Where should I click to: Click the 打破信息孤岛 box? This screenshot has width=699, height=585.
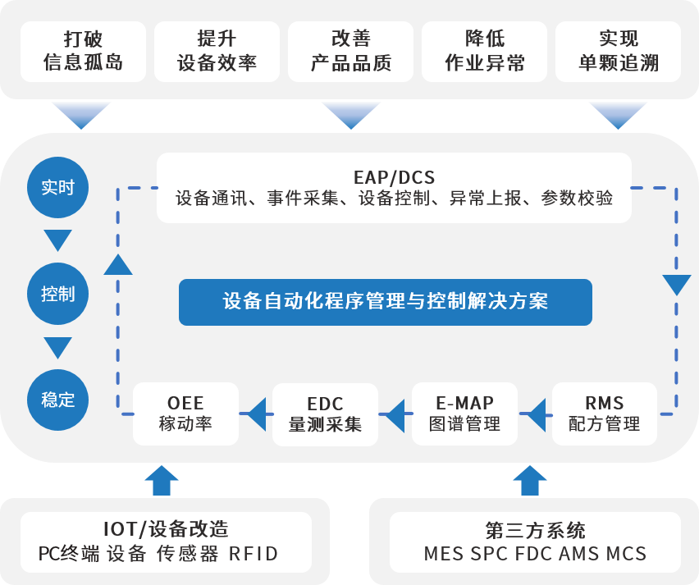coord(83,51)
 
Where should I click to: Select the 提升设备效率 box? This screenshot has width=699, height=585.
coord(217,51)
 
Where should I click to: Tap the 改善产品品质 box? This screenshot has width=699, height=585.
coord(350,51)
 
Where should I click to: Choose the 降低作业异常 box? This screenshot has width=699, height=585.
coord(484,51)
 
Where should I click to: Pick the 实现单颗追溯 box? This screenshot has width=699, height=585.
coord(618,51)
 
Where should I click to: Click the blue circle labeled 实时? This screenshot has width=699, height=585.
coord(57,187)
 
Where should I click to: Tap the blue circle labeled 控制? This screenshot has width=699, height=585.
coord(57,294)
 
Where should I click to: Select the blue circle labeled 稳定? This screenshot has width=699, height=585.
coord(57,400)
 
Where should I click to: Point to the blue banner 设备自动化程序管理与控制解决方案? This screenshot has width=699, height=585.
coord(386,302)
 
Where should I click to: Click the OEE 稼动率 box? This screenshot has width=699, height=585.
coord(185,414)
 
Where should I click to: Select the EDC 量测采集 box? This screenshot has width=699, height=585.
coord(325,414)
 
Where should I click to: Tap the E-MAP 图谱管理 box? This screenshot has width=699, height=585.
coord(464,414)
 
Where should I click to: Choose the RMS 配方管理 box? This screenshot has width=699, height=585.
coord(604,414)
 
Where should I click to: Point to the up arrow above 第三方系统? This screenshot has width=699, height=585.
coord(530,479)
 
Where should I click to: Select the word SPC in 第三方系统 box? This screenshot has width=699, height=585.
coord(489,554)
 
